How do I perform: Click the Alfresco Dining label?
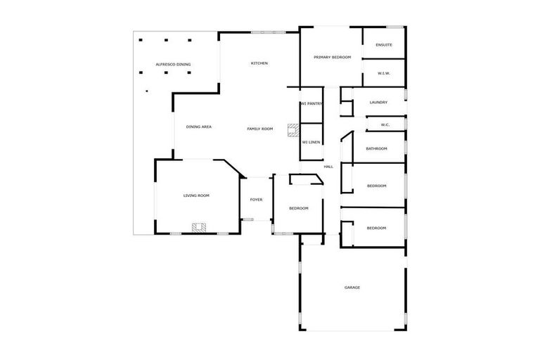pos(173,65)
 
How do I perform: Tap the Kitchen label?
pos(259,63)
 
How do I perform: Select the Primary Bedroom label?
pos(332,57)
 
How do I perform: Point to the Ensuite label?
pos(384,45)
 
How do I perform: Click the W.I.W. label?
pos(384,73)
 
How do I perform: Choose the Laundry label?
pos(378,102)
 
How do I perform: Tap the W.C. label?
pos(385,125)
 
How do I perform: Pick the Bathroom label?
pos(377,148)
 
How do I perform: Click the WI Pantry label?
pos(311,103)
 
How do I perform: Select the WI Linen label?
pos(311,143)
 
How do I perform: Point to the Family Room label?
pos(259,129)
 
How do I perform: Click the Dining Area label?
pos(199,127)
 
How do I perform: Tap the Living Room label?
pos(196,195)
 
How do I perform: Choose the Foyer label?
pos(257,200)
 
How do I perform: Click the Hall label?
pos(328,167)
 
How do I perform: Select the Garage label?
pos(352,287)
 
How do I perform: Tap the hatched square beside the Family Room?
pos(292,129)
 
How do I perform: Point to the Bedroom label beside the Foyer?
pos(299,208)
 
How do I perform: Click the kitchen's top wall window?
pos(269,32)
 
